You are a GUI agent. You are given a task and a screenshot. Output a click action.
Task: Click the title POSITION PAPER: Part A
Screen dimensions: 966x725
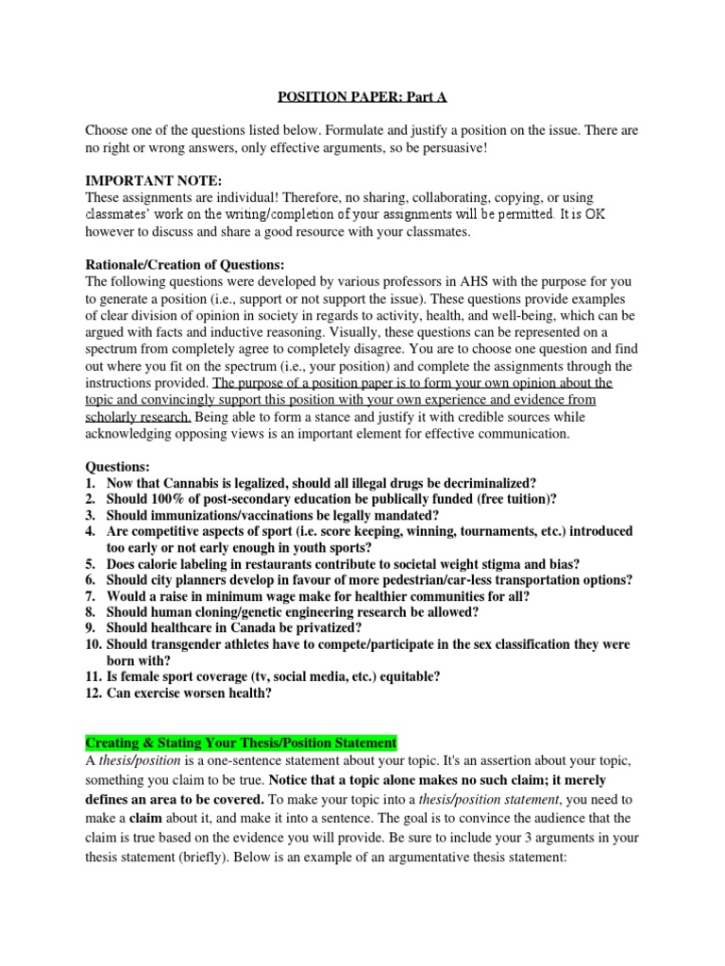[363, 95]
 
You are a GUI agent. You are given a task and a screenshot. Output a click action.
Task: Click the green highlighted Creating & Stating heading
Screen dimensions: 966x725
[242, 742]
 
